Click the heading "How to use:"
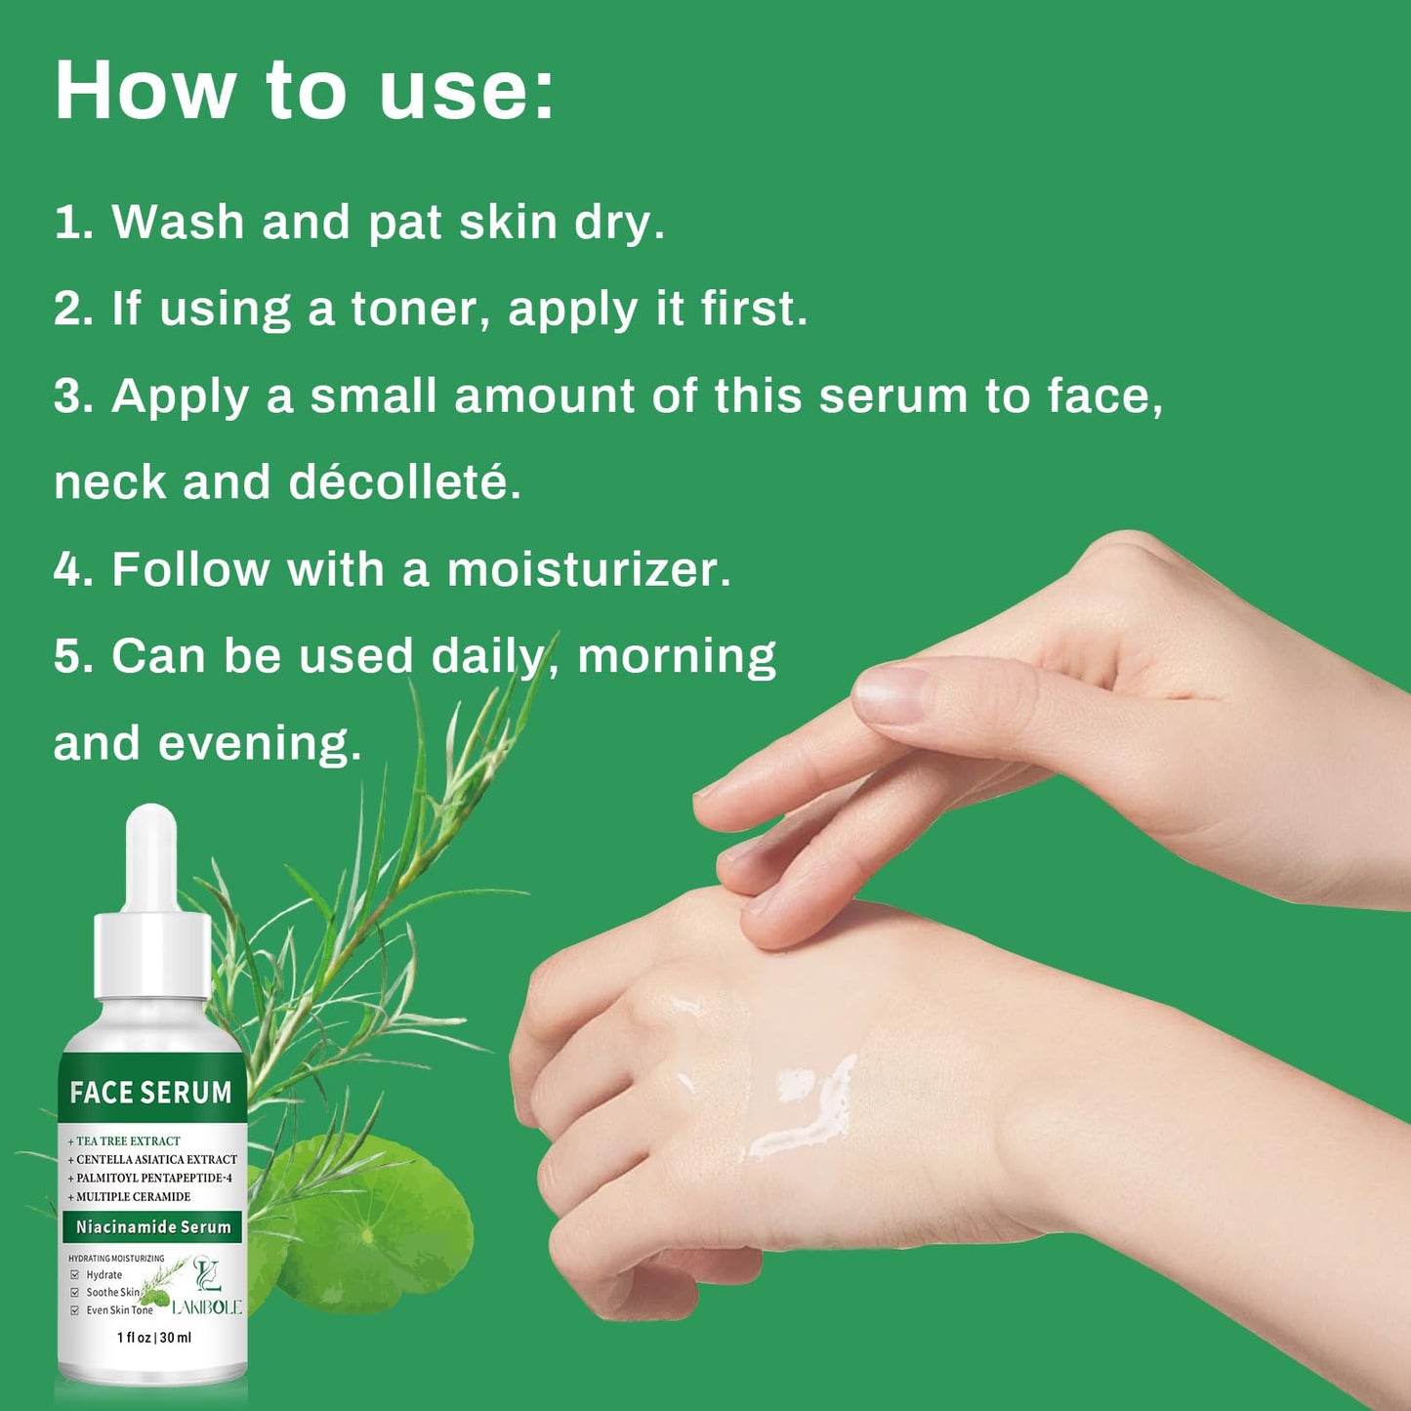point(304,91)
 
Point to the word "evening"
point(259,743)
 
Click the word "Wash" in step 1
point(178,222)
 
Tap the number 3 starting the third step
point(68,396)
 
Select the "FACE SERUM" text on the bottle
point(151,1093)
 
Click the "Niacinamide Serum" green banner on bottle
point(153,1227)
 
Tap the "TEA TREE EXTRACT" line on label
point(128,1141)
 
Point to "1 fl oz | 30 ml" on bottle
point(154,1338)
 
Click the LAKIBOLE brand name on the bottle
point(206,1307)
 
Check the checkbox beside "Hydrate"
point(74,1275)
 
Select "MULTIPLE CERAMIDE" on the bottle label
point(133,1196)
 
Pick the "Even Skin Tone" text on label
point(119,1310)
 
